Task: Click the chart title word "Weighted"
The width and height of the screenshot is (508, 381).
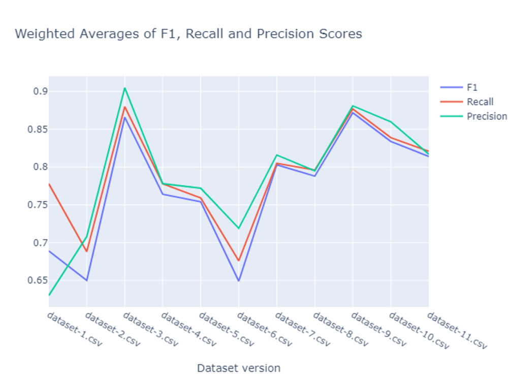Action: click(39, 34)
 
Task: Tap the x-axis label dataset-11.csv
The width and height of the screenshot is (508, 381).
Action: click(456, 331)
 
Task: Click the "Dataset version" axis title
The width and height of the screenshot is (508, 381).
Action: click(238, 368)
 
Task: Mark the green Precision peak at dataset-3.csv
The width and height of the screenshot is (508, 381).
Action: click(124, 88)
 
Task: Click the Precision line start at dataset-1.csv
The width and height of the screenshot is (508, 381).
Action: click(49, 295)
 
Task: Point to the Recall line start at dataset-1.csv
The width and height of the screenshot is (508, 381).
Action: click(49, 184)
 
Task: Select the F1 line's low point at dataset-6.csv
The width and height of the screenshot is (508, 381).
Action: click(238, 281)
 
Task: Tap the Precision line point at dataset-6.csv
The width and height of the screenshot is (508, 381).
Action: click(238, 229)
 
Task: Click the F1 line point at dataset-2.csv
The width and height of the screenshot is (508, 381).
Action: click(87, 280)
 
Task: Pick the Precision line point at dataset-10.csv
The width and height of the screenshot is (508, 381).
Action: click(391, 121)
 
